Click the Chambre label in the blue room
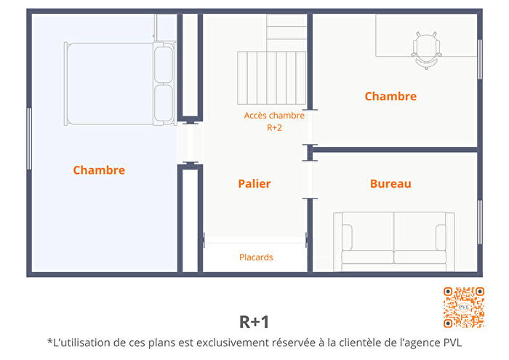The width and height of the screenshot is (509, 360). (x=99, y=170)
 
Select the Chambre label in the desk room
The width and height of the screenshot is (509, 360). (x=390, y=96)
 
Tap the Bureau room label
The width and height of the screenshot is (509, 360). (x=390, y=184)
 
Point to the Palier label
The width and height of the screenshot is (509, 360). (x=254, y=184)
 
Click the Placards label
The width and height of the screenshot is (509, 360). (x=256, y=257)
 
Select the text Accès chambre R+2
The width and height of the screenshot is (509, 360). (x=274, y=121)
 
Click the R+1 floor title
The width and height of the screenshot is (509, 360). (x=254, y=321)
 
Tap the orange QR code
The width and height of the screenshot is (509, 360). (x=463, y=307)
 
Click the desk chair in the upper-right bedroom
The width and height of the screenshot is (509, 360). (x=425, y=49)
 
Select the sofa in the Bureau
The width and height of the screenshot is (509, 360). (x=393, y=240)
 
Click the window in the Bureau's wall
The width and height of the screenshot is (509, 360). (x=479, y=222)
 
